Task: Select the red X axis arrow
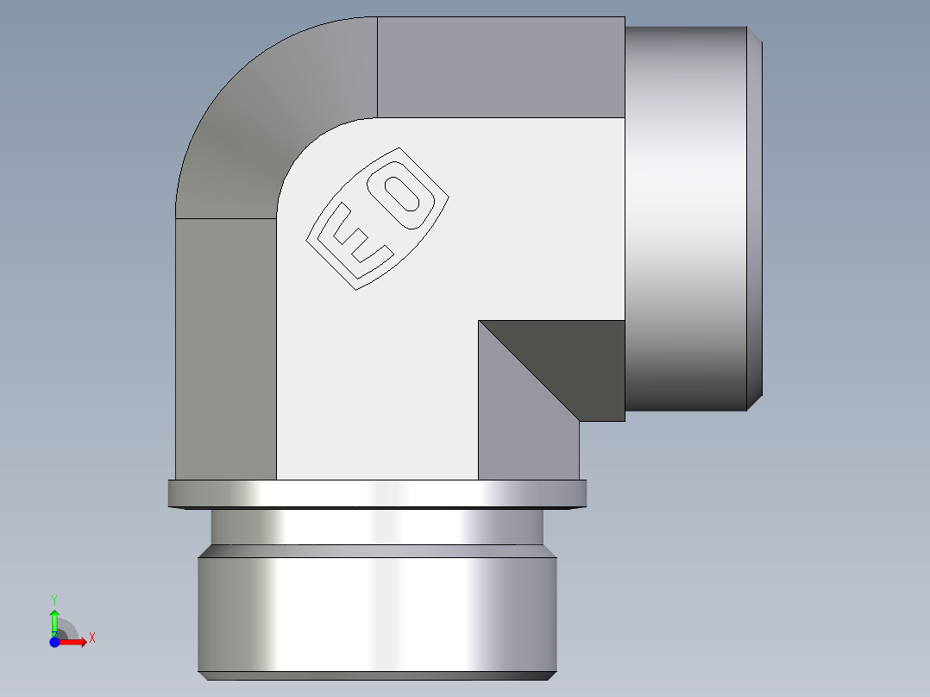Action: pos(74,642)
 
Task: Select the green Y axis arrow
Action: pos(54,619)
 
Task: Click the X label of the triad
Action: pos(92,638)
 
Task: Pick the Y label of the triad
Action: pos(54,599)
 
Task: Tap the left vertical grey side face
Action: pos(225,345)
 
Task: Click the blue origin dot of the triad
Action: pos(54,642)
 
